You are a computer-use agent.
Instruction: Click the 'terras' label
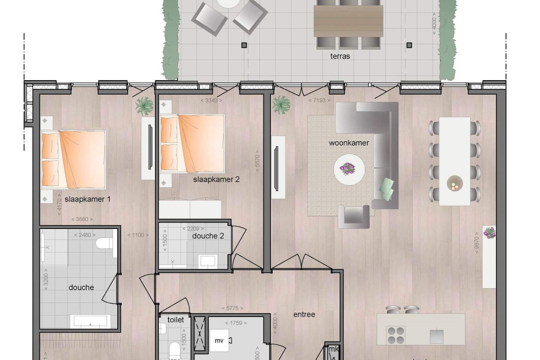point(340,56)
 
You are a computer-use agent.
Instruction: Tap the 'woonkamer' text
point(349,143)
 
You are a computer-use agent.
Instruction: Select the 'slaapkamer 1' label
point(88,199)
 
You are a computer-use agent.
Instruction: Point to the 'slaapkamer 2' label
point(216,179)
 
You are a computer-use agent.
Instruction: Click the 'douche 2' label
point(208,236)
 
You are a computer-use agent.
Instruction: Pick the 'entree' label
point(305,314)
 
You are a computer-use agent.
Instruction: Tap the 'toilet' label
point(175,319)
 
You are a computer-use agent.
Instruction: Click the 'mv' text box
point(219,341)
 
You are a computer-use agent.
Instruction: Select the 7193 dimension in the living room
point(319,101)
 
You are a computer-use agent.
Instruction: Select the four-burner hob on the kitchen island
point(396,335)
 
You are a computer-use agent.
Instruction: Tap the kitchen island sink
point(436,336)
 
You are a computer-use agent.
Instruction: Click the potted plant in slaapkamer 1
point(144,106)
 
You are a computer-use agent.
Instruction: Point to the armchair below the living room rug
point(353,217)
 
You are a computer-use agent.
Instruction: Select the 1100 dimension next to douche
point(138,235)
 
